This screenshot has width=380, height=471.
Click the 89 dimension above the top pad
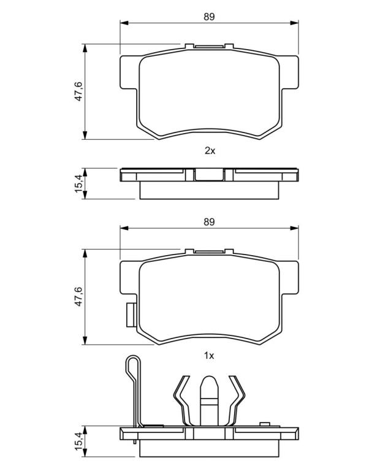pos(209,17)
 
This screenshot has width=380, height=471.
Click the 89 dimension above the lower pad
pos(209,221)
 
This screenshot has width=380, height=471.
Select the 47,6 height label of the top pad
pos(78,91)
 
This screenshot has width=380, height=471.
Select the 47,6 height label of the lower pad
pos(78,296)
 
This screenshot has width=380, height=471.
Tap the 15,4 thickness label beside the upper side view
pos(78,184)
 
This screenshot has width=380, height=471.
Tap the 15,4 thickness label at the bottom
pos(78,441)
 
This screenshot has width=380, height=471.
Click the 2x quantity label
pos(210,150)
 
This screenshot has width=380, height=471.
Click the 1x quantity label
pos(209,356)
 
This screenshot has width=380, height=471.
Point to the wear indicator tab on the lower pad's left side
pos(131,315)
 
